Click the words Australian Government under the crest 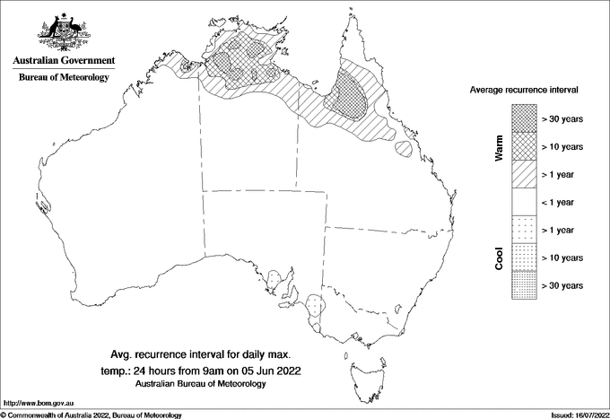coord(64,61)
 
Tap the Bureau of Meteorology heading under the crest coord(64,78)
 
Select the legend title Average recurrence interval coord(524,91)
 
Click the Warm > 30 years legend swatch coord(524,118)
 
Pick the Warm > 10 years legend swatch coord(524,145)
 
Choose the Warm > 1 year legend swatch coord(524,173)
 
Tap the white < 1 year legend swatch coord(524,201)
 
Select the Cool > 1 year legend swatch coord(524,229)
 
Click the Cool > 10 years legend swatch coord(524,257)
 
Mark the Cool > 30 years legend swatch coord(524,284)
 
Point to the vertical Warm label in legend coord(499,147)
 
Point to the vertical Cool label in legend coord(499,258)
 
